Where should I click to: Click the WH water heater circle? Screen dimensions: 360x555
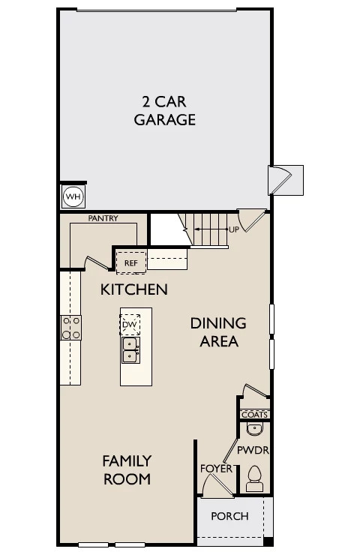click(73, 196)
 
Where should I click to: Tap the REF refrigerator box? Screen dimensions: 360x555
click(131, 262)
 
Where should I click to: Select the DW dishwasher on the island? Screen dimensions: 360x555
click(130, 325)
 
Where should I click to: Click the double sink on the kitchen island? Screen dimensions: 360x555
click(130, 349)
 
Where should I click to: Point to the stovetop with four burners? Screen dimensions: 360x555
click(70, 328)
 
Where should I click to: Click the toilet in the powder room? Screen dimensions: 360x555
click(254, 478)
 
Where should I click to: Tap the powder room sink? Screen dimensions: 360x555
click(254, 429)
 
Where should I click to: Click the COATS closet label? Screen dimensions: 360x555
click(254, 415)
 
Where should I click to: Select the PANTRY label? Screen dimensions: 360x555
click(103, 218)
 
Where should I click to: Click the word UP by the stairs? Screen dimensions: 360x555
click(234, 229)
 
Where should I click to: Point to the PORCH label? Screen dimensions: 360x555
click(229, 517)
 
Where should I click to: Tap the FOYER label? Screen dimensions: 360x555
click(216, 469)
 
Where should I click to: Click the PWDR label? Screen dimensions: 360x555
click(253, 450)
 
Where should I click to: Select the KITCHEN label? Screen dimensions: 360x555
click(133, 289)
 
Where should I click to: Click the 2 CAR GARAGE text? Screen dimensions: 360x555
click(164, 111)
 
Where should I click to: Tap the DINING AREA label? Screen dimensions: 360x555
click(218, 332)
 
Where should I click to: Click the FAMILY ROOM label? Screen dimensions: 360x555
click(127, 470)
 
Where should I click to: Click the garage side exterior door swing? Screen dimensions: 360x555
click(280, 180)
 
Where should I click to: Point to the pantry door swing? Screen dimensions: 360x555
click(96, 262)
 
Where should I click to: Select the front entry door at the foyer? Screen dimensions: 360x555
click(217, 485)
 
